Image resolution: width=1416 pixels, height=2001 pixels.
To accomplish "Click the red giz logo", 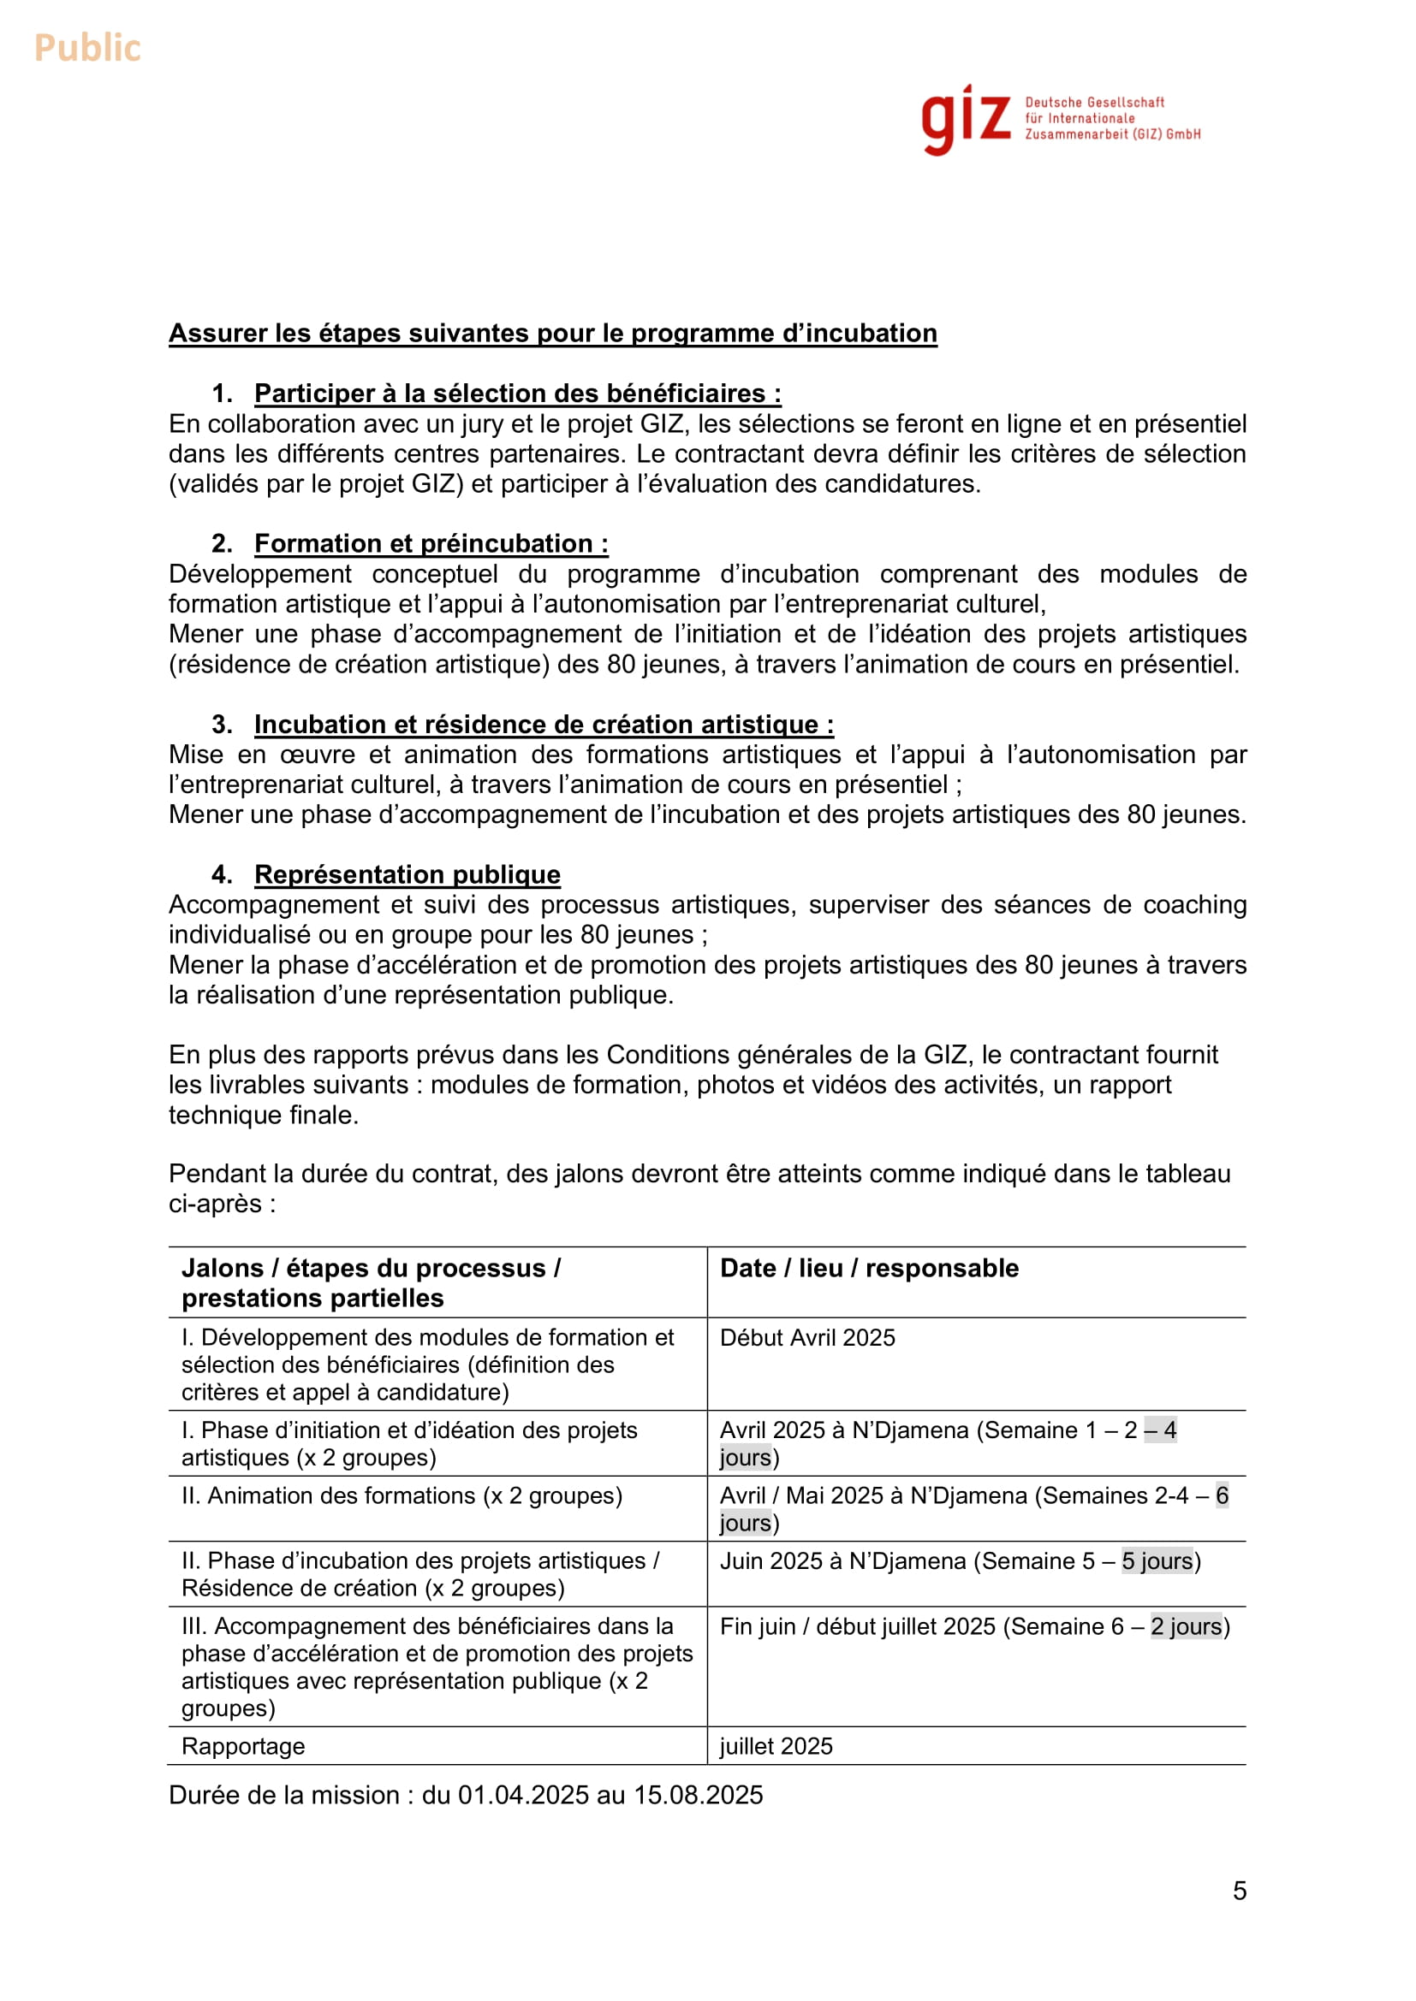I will [x=965, y=121].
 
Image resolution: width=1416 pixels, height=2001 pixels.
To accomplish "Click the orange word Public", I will [x=87, y=48].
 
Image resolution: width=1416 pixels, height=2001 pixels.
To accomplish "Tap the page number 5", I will [x=1239, y=1891].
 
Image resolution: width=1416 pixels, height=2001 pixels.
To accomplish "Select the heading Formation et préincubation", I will [x=431, y=544].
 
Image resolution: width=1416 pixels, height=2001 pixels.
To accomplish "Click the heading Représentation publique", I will [x=408, y=874].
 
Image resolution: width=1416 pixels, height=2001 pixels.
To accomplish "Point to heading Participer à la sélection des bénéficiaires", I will [x=517, y=393].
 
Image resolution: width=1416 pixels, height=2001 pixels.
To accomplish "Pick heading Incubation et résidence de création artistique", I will [x=544, y=725].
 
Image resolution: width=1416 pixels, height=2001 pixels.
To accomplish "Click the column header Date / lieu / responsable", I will [x=868, y=1268].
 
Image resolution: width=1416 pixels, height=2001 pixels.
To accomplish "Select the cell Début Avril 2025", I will [x=807, y=1338].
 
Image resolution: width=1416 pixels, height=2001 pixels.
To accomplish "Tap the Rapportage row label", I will [x=243, y=1747].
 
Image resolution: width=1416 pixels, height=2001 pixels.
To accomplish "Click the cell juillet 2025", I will [x=776, y=1747].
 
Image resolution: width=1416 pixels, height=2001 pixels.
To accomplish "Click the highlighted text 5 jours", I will [x=1156, y=1561].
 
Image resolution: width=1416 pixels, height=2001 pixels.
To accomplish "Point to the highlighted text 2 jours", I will [x=1186, y=1626].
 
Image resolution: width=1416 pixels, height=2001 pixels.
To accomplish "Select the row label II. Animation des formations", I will [x=402, y=1495].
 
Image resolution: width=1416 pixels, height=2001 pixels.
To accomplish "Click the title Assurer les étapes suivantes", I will [x=552, y=333].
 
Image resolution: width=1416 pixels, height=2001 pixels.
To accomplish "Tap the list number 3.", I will [x=222, y=725].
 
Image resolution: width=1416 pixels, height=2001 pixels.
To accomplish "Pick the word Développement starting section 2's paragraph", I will [x=260, y=574].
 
